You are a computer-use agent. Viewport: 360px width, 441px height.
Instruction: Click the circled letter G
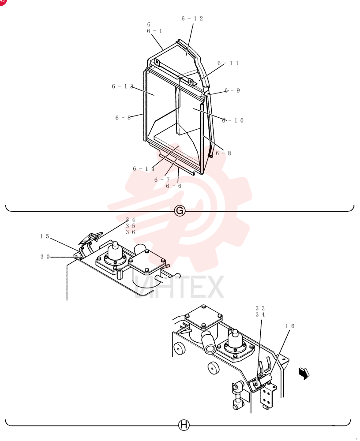[x=180, y=211]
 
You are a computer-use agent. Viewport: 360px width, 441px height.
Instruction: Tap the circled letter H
[x=184, y=425]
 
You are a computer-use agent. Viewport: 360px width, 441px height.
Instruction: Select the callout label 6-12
[x=192, y=19]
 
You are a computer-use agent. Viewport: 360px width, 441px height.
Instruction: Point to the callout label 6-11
[x=228, y=63]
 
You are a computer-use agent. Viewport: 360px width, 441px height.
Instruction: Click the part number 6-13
[x=123, y=86]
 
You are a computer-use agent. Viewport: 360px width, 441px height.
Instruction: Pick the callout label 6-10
[x=233, y=121]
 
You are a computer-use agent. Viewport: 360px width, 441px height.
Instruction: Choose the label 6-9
[x=232, y=90]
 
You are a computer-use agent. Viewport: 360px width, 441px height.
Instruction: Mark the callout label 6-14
[x=143, y=169]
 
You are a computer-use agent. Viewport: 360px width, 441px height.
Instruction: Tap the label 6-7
[x=162, y=180]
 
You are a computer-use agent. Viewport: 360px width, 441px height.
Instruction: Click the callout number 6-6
[x=174, y=186]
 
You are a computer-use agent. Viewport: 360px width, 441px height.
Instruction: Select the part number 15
[x=45, y=236]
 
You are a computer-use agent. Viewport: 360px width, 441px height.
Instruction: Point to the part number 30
[x=45, y=257]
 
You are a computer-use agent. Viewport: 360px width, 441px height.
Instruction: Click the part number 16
[x=290, y=326]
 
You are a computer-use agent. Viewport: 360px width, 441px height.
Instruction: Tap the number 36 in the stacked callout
[x=131, y=232]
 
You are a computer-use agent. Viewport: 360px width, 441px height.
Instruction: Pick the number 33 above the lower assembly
[x=260, y=308]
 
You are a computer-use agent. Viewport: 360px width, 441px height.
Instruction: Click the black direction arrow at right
[x=304, y=374]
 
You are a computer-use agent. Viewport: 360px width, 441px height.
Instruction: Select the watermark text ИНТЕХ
[x=179, y=287]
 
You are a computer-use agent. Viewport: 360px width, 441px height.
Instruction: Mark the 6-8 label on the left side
[x=123, y=118]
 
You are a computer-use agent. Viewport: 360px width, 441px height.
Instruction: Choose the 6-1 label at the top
[x=154, y=31]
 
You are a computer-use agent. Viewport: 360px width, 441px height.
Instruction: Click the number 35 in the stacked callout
[x=131, y=226]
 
